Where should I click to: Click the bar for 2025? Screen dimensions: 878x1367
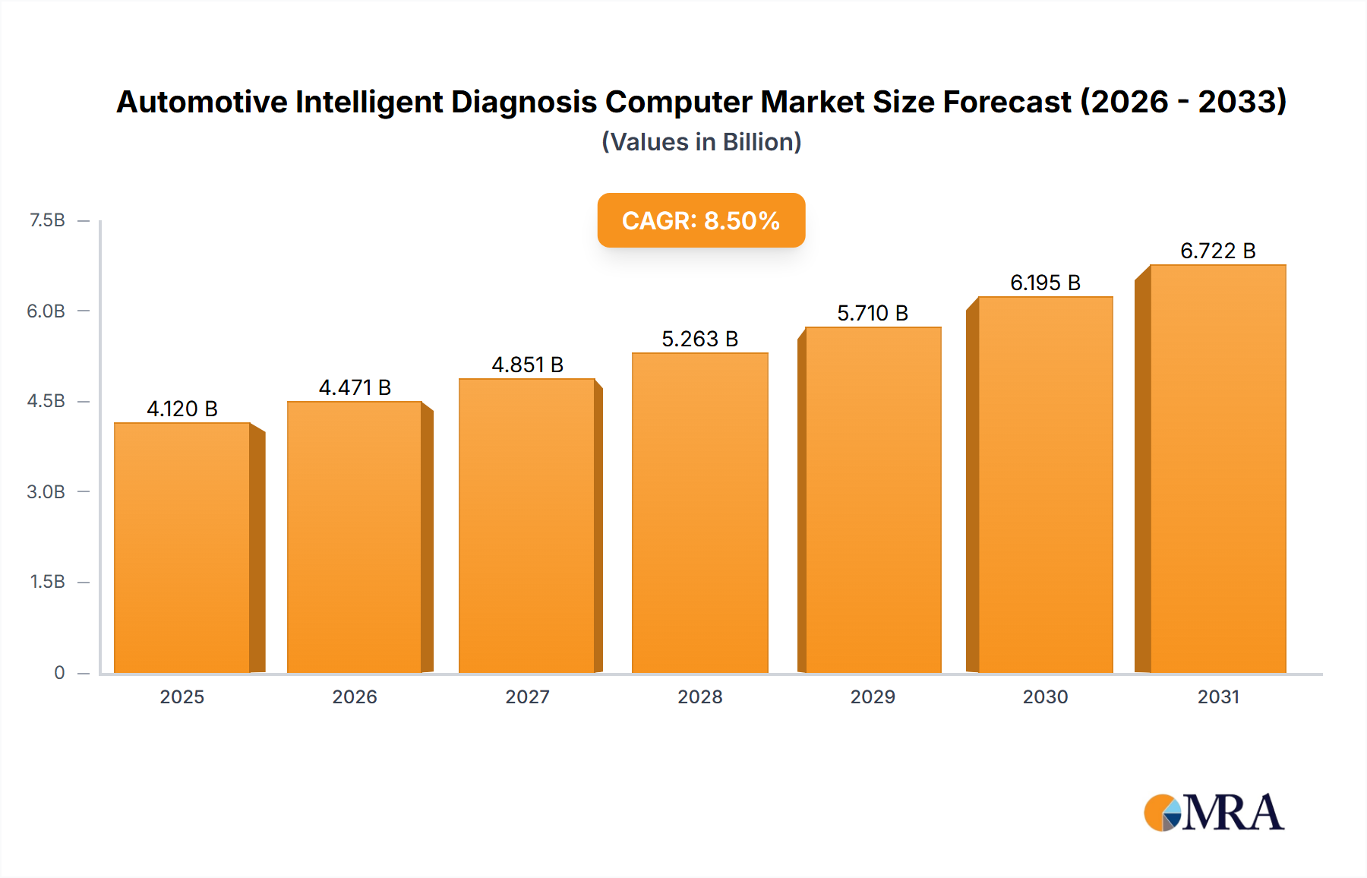point(182,547)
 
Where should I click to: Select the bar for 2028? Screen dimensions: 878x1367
point(699,513)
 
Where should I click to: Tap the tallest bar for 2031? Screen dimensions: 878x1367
point(1217,469)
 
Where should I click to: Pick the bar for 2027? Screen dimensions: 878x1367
point(526,526)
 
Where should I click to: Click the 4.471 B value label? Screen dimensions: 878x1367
point(355,387)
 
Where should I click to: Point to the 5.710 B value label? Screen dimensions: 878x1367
point(873,313)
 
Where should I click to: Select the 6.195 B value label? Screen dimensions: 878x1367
point(1045,283)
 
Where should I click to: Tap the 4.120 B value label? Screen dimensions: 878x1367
point(182,409)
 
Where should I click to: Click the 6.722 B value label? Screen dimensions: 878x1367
point(1217,251)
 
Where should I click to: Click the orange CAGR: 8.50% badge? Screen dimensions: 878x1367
point(701,220)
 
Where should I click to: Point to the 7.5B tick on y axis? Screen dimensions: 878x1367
point(47,220)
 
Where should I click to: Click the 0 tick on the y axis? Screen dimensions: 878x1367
point(59,672)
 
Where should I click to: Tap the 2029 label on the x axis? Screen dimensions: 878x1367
point(873,696)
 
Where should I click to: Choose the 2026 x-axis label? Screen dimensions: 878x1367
point(355,696)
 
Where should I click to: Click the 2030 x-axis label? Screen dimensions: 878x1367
point(1045,696)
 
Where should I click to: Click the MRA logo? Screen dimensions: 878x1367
point(1214,813)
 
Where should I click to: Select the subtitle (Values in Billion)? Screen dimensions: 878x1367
point(701,142)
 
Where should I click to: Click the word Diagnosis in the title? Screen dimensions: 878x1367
point(524,102)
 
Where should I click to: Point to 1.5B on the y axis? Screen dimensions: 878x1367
point(47,582)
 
